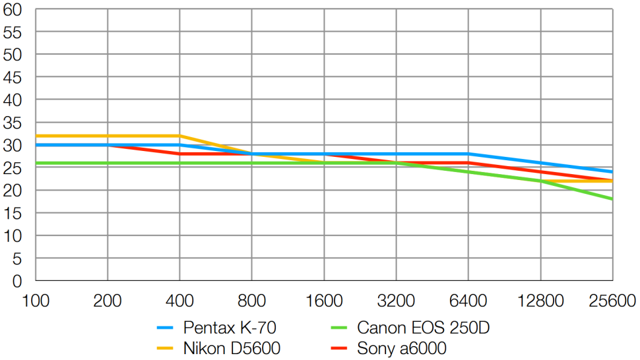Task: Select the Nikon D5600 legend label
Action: click(x=232, y=348)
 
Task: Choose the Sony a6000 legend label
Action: click(x=401, y=348)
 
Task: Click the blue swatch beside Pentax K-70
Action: click(x=166, y=328)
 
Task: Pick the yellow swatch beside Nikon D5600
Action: click(x=166, y=348)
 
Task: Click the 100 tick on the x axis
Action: click(x=36, y=301)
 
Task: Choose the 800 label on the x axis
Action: click(x=252, y=301)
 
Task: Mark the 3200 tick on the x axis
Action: click(x=396, y=301)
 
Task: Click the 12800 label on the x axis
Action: click(x=540, y=301)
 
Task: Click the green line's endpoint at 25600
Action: click(x=612, y=199)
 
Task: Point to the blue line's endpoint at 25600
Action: click(x=612, y=172)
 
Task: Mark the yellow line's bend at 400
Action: click(x=179, y=136)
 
